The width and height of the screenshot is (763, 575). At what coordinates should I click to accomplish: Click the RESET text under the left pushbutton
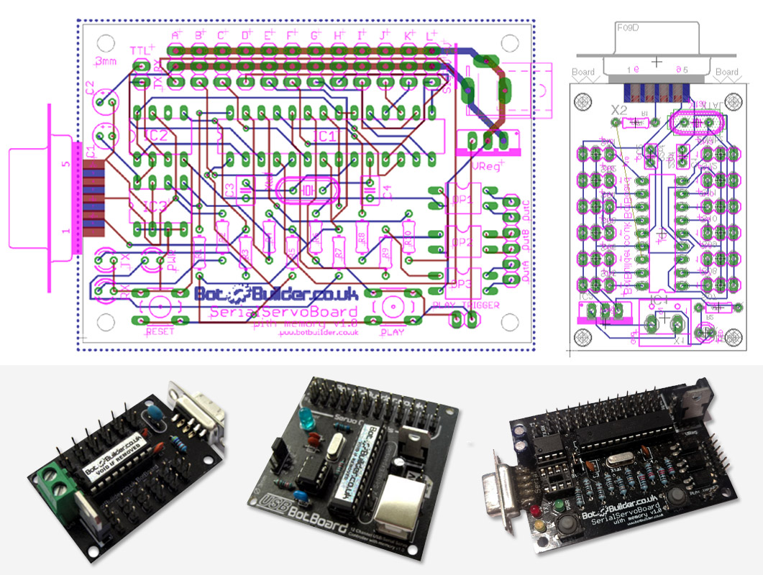point(160,332)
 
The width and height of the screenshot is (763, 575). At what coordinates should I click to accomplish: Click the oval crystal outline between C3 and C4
point(306,190)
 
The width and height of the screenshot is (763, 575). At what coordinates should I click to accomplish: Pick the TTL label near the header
point(141,50)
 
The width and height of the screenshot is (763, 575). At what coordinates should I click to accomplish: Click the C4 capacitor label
point(386,193)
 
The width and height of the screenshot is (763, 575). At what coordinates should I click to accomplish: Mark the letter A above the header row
point(176,34)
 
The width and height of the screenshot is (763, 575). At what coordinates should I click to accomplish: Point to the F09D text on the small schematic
point(629,27)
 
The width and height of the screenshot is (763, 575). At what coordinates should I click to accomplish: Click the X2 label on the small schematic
point(618,111)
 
